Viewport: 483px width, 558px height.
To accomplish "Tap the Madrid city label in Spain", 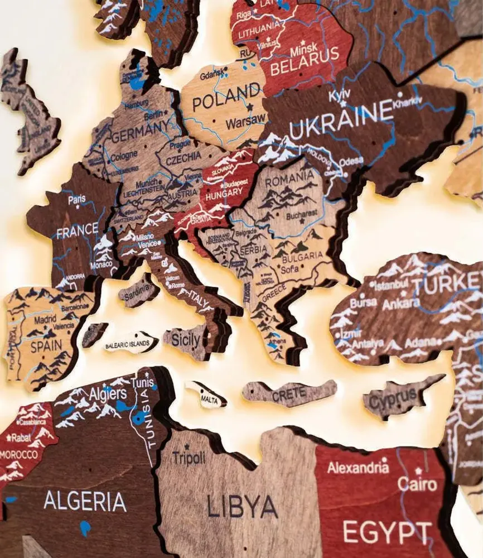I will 45,320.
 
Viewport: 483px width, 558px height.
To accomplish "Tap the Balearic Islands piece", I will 131,343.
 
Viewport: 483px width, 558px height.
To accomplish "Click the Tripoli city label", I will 189,458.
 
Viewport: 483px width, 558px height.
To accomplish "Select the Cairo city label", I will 417,483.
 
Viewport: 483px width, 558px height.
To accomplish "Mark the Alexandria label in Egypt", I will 358,466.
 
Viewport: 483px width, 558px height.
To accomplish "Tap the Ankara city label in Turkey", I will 401,303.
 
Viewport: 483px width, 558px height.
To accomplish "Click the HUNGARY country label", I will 224,195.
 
